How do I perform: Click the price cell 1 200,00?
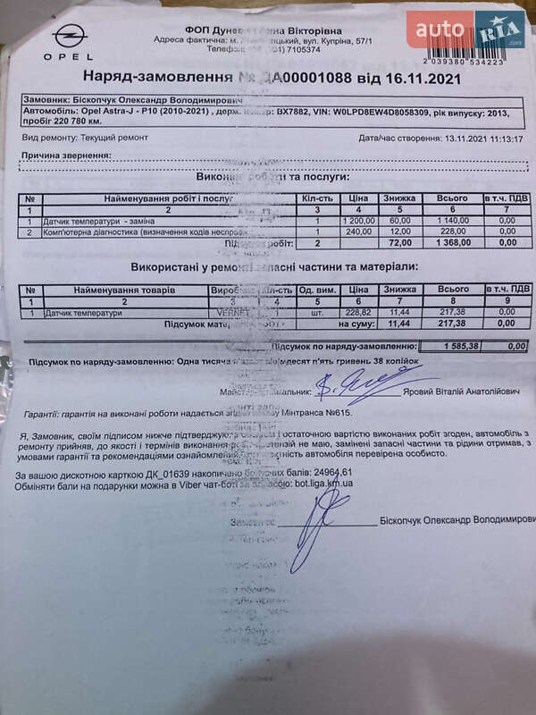coord(357,221)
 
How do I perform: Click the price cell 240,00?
coord(361,231)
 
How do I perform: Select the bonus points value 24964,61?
coord(328,472)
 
